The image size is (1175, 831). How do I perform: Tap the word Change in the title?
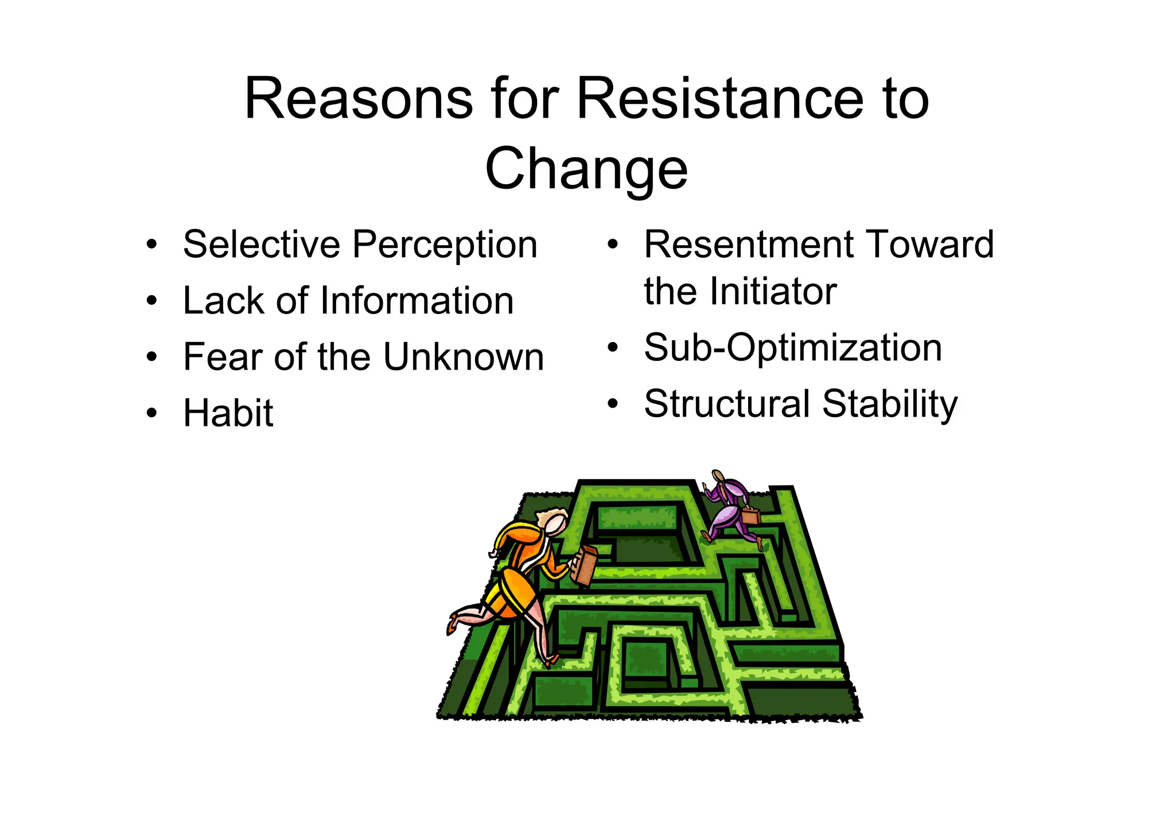point(586,169)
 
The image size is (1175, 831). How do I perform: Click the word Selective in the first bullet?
point(261,244)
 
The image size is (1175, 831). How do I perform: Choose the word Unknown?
point(463,357)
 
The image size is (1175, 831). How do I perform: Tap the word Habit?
point(228,413)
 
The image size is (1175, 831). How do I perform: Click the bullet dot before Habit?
point(151,413)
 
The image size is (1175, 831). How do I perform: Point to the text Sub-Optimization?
point(793,348)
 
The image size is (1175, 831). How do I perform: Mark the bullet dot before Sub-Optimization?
point(613,348)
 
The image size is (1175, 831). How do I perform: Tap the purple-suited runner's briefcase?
point(750,515)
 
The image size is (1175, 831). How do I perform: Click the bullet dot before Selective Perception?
point(151,245)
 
